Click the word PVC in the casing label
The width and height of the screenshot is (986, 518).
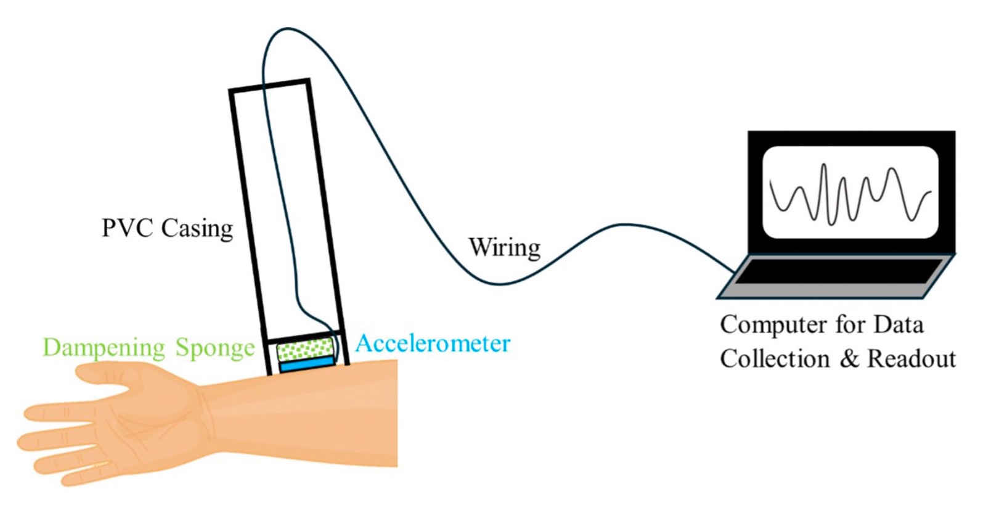pyautogui.click(x=128, y=228)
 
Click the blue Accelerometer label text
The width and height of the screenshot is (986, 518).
pyautogui.click(x=433, y=343)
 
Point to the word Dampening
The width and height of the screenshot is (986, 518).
pyautogui.click(x=104, y=348)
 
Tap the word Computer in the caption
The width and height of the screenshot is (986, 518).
pyautogui.click(x=774, y=325)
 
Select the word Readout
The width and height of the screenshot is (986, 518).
pyautogui.click(x=911, y=359)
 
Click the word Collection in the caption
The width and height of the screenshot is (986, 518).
pyautogui.click(x=775, y=359)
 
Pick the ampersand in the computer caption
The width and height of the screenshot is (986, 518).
pyautogui.click(x=849, y=359)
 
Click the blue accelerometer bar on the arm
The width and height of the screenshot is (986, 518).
pyautogui.click(x=307, y=365)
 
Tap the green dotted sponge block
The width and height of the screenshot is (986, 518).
pyautogui.click(x=304, y=349)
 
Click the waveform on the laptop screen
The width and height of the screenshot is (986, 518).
pyautogui.click(x=850, y=194)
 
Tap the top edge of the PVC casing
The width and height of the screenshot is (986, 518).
pyautogui.click(x=269, y=85)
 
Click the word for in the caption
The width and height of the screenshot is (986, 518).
pyautogui.click(x=850, y=325)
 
